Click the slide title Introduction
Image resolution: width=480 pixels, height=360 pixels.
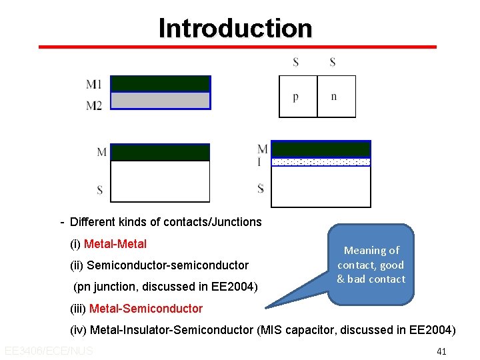tap(235, 28)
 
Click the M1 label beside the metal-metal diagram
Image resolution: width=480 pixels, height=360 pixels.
tap(94, 85)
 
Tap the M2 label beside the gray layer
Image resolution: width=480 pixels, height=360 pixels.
tap(94, 105)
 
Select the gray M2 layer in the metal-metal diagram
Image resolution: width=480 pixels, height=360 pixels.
tap(160, 101)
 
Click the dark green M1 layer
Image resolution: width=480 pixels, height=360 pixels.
tap(160, 83)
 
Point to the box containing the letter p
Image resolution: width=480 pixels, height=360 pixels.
tap(297, 97)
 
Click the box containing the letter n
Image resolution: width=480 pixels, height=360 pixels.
tap(336, 97)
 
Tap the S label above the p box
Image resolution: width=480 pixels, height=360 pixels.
tap(295, 63)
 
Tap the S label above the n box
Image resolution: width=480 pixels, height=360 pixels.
tap(333, 63)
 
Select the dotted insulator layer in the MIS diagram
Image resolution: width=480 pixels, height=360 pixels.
tap(321, 162)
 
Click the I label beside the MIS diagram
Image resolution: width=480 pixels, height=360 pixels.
tap(260, 161)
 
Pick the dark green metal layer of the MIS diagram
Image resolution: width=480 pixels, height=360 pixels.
tap(321, 149)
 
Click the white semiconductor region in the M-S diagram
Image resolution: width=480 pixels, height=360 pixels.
tap(160, 181)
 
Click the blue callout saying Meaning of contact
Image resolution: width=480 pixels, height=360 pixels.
tap(371, 265)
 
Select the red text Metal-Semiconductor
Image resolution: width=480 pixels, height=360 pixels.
tap(145, 308)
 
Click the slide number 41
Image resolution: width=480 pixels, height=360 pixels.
tap(441, 351)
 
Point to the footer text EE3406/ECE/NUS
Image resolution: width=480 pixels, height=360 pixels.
tap(48, 351)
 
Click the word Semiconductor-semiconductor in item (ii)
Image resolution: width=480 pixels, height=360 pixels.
tap(167, 265)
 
